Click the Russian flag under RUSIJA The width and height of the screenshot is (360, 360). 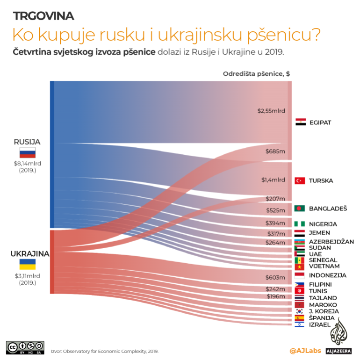[28, 152]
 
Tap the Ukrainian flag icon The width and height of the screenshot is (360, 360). [28, 264]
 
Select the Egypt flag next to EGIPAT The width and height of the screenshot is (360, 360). [300, 122]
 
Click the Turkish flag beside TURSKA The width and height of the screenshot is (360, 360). [300, 180]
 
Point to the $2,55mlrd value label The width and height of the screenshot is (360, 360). [271, 111]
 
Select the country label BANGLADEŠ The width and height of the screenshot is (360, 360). [328, 208]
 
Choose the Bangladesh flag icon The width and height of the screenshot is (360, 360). [300, 208]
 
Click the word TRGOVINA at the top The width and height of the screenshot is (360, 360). [43, 16]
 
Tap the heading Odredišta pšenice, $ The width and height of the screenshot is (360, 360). [257, 73]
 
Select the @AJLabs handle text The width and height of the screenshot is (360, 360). [305, 350]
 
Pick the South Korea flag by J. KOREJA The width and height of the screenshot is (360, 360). [300, 311]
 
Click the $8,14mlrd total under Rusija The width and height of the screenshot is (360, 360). [28, 163]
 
